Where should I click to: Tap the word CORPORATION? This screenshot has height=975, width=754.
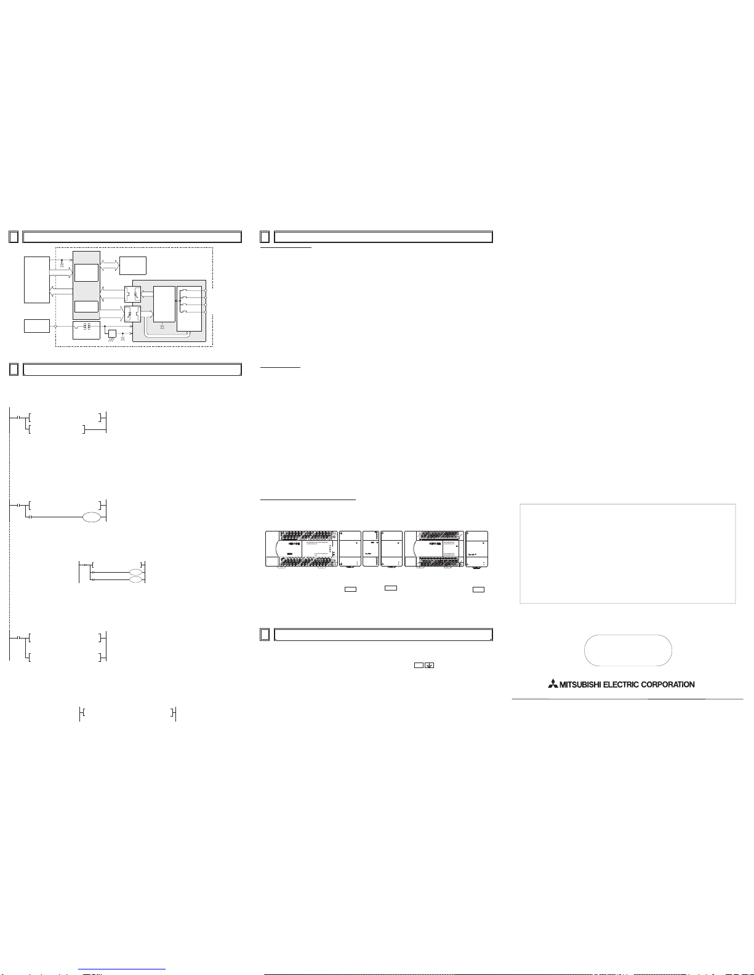(x=668, y=685)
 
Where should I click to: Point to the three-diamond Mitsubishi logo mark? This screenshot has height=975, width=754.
(x=553, y=684)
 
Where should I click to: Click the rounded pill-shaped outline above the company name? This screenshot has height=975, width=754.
(x=628, y=635)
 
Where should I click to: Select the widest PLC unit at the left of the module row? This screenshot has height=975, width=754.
(x=301, y=549)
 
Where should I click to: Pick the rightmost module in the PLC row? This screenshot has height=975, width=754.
(x=476, y=549)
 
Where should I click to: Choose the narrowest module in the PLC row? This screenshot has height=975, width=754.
(x=371, y=549)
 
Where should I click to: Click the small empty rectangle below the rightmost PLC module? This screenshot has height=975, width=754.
(x=478, y=589)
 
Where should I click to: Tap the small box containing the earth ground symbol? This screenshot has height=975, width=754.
(x=429, y=665)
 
